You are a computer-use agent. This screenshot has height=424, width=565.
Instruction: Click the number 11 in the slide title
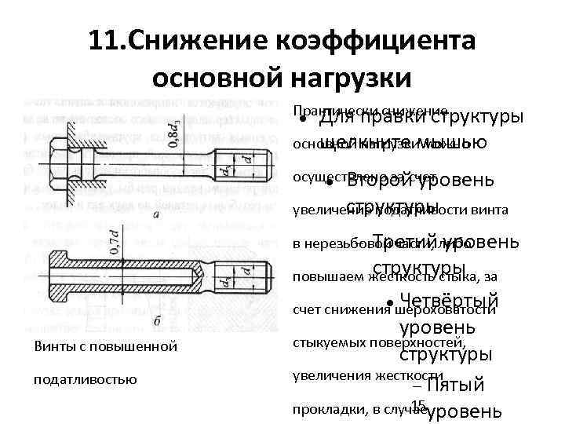[104, 41]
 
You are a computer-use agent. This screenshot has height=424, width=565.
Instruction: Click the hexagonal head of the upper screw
[60, 163]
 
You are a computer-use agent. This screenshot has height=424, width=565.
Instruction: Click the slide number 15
[417, 405]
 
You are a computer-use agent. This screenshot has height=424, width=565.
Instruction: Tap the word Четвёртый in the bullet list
[449, 300]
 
